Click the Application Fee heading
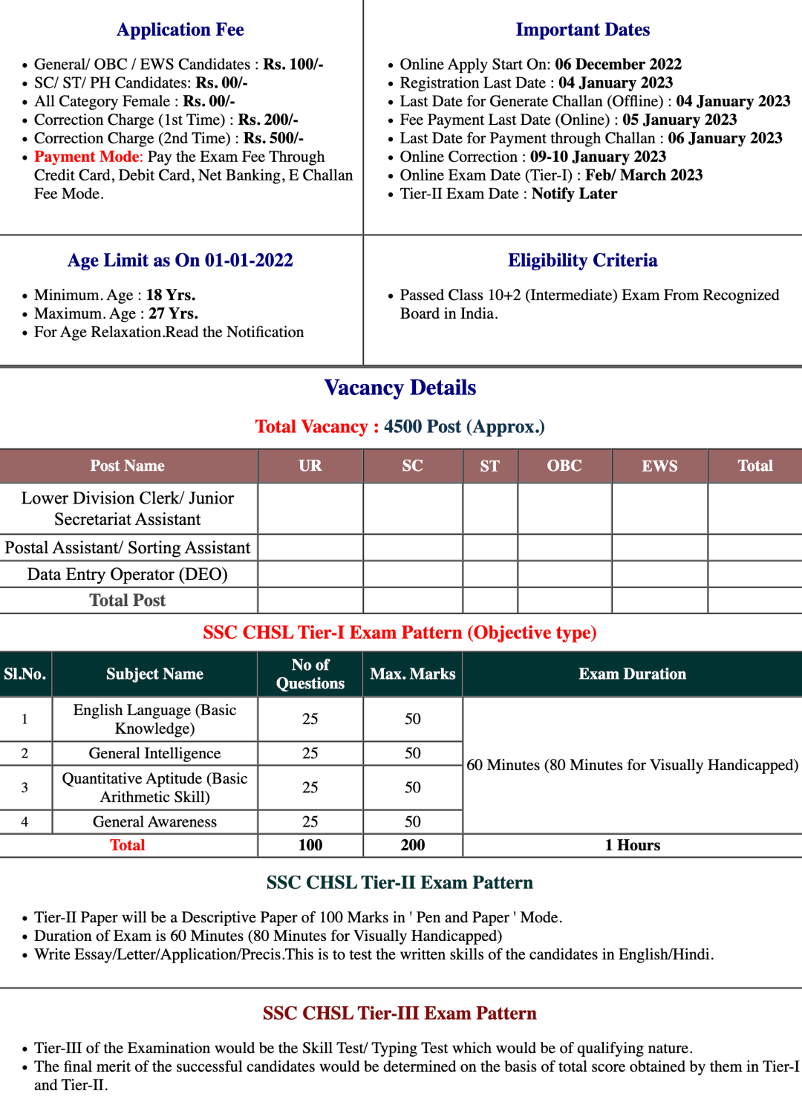(x=180, y=30)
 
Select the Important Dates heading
(x=582, y=30)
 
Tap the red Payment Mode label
(x=87, y=157)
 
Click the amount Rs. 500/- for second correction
(x=273, y=138)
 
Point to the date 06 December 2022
(x=618, y=65)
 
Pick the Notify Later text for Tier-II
(x=574, y=194)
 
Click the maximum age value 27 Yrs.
(x=173, y=313)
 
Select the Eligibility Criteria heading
(x=582, y=261)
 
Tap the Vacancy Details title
(x=400, y=388)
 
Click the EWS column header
(x=659, y=466)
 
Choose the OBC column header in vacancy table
(x=564, y=466)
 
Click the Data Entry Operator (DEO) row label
(x=128, y=574)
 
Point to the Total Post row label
(x=128, y=600)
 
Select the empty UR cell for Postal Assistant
(x=310, y=547)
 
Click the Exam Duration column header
(x=632, y=674)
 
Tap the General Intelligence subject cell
(x=154, y=753)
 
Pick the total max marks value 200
(x=413, y=845)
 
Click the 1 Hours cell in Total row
(x=632, y=845)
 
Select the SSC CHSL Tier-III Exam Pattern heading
(x=400, y=1014)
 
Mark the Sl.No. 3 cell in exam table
(x=25, y=787)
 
